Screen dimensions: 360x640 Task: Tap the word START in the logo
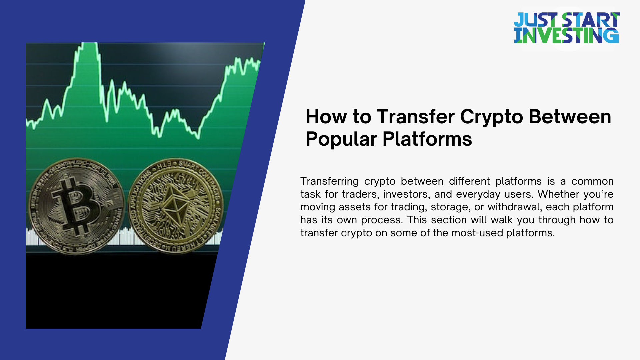point(591,20)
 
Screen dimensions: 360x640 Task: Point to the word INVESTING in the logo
point(566,36)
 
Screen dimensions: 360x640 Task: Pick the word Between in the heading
point(570,117)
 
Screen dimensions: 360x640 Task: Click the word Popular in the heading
point(341,139)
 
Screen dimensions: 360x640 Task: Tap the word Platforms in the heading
point(427,139)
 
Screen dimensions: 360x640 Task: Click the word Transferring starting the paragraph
point(329,181)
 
